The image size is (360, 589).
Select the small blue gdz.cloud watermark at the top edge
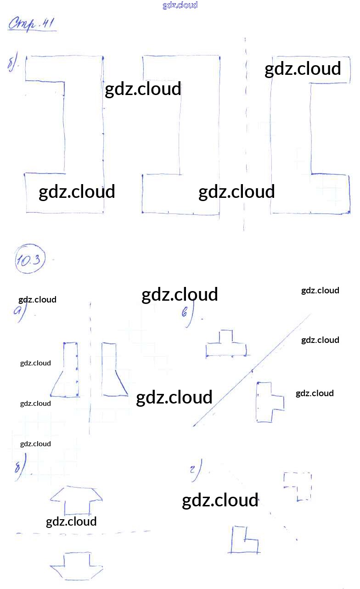pos(180,5)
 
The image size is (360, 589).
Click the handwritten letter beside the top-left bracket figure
pos(12,62)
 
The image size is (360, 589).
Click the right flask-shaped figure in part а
pos(111,372)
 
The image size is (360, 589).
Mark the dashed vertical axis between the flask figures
pos(90,367)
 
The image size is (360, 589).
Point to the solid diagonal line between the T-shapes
pos(253,370)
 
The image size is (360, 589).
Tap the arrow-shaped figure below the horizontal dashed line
pos(76,567)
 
